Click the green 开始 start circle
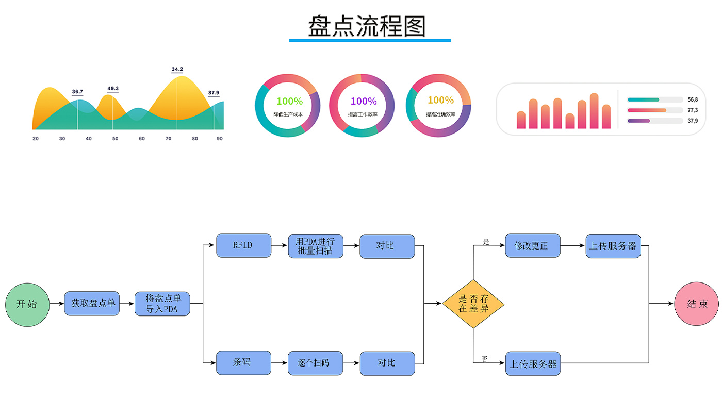27,304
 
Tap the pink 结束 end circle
697,304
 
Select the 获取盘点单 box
92,304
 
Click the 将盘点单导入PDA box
162,304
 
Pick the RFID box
243,245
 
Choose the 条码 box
243,363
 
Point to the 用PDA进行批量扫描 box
315,246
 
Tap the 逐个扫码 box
315,363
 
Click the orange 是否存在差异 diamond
473,304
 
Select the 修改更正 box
533,245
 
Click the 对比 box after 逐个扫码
387,363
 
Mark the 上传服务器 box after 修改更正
613,246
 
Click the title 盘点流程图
367,26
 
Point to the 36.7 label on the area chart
77,92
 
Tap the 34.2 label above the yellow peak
177,69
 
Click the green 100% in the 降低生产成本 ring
289,102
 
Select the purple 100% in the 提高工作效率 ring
364,102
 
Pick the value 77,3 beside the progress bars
693,110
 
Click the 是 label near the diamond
485,241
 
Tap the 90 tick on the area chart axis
220,139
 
